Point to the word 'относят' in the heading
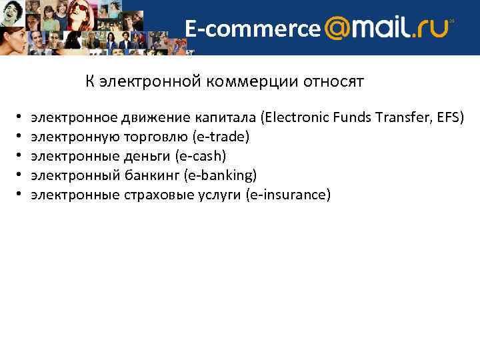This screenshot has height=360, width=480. (333, 82)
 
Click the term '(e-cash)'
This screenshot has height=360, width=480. (201, 156)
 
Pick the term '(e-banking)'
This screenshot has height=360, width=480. (223, 175)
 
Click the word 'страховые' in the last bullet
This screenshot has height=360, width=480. (153, 195)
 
